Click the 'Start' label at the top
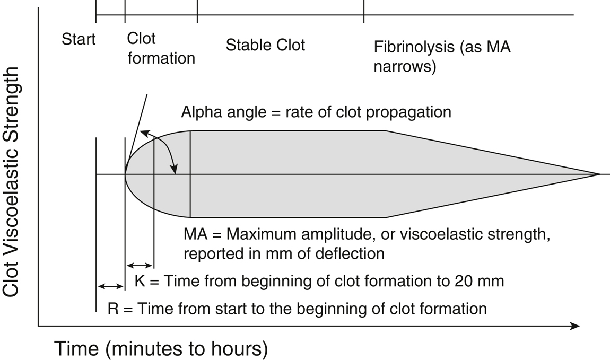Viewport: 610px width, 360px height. [x=78, y=39]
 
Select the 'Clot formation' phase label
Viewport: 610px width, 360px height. [x=161, y=48]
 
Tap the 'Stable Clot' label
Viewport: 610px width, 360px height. [x=265, y=45]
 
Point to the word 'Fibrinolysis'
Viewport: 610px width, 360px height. [x=414, y=47]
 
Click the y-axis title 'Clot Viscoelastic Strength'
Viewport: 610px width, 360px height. [x=11, y=181]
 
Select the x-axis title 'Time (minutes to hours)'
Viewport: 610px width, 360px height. [x=161, y=349]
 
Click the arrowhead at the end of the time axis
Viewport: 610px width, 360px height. [x=575, y=326]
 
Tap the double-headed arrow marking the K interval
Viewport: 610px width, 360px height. [x=140, y=266]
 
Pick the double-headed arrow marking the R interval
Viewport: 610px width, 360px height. [x=110, y=286]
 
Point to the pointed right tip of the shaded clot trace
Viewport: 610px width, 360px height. [x=599, y=174]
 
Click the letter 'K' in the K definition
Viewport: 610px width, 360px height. [x=140, y=280]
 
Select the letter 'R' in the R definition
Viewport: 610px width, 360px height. [x=113, y=309]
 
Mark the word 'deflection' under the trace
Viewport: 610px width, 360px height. [x=350, y=254]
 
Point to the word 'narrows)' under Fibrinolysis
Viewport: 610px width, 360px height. [x=405, y=66]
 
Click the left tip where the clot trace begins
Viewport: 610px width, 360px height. [x=125, y=174]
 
